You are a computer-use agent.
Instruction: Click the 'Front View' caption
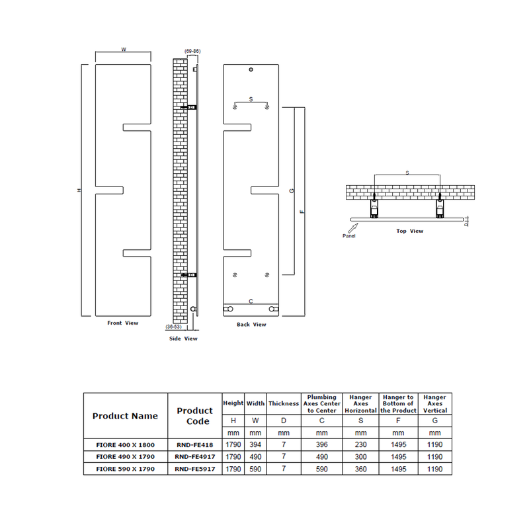(123, 323)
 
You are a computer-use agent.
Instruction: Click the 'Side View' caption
(183, 339)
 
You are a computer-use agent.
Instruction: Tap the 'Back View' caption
(251, 325)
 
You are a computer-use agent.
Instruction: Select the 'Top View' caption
(410, 231)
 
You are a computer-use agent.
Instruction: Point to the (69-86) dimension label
(192, 51)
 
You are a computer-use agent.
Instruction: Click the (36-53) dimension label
(175, 326)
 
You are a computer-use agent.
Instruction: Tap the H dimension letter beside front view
(78, 190)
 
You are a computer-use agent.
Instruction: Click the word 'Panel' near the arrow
(350, 235)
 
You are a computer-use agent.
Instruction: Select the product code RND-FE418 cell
(194, 444)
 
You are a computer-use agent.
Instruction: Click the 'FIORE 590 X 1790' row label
(125, 469)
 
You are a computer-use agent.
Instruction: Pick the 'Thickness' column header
(284, 403)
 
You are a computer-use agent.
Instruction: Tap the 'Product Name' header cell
(125, 416)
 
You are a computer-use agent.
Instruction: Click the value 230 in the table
(360, 444)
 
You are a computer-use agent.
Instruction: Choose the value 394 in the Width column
(256, 444)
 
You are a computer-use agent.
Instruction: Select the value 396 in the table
(321, 444)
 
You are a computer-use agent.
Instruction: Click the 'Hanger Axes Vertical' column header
(434, 403)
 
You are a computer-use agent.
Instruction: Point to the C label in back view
(250, 301)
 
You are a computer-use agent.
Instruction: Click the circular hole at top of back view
(251, 70)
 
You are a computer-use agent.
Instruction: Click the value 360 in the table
(360, 469)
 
